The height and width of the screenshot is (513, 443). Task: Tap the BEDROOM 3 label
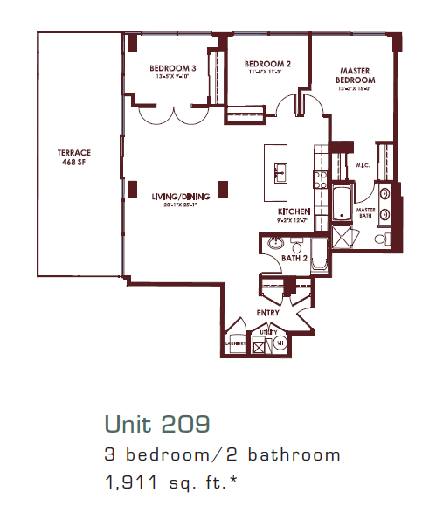172,68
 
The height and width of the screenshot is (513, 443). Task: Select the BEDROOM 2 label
267,64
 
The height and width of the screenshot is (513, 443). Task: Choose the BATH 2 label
293,258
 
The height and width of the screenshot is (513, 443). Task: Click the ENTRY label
267,312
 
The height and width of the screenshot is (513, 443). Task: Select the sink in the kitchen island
280,172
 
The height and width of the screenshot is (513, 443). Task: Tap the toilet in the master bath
382,239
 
